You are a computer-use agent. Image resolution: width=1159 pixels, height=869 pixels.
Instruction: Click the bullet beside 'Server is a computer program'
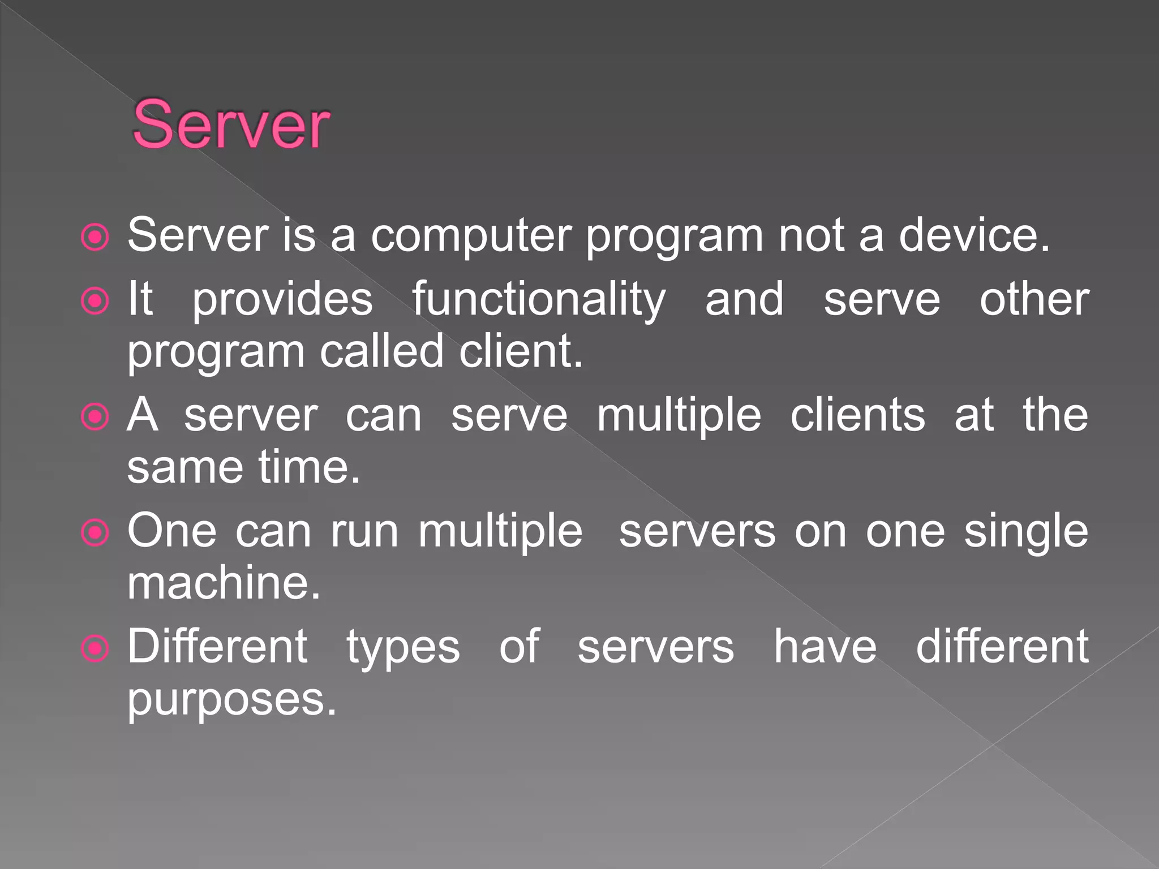click(95, 237)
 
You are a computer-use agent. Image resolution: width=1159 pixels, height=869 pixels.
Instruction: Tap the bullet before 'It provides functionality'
click(95, 301)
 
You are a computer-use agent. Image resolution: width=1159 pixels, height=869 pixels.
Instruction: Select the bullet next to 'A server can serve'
click(95, 418)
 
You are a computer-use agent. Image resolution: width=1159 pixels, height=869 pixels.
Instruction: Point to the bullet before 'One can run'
click(95, 533)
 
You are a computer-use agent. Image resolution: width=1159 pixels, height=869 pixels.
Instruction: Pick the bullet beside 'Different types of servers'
click(95, 648)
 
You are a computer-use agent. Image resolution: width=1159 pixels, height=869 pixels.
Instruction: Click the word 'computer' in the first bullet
click(471, 236)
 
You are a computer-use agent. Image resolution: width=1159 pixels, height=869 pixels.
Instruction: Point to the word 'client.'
click(521, 351)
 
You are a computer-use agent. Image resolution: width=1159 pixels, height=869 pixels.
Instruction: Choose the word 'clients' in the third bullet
click(857, 415)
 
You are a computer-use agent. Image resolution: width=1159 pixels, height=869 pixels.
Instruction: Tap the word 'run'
click(364, 532)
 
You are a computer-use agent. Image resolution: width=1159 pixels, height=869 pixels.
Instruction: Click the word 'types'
click(403, 648)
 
